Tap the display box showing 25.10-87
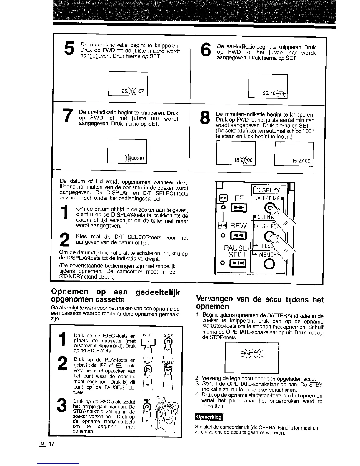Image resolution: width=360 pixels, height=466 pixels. pyautogui.click(x=128, y=84)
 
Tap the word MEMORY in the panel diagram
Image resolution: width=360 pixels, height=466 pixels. pyautogui.click(x=269, y=253)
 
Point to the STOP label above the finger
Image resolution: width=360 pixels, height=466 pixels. pyautogui.click(x=168, y=335)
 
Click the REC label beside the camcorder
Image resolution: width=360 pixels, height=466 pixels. pyautogui.click(x=147, y=400)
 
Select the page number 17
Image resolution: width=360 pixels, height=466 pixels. pyautogui.click(x=52, y=444)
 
